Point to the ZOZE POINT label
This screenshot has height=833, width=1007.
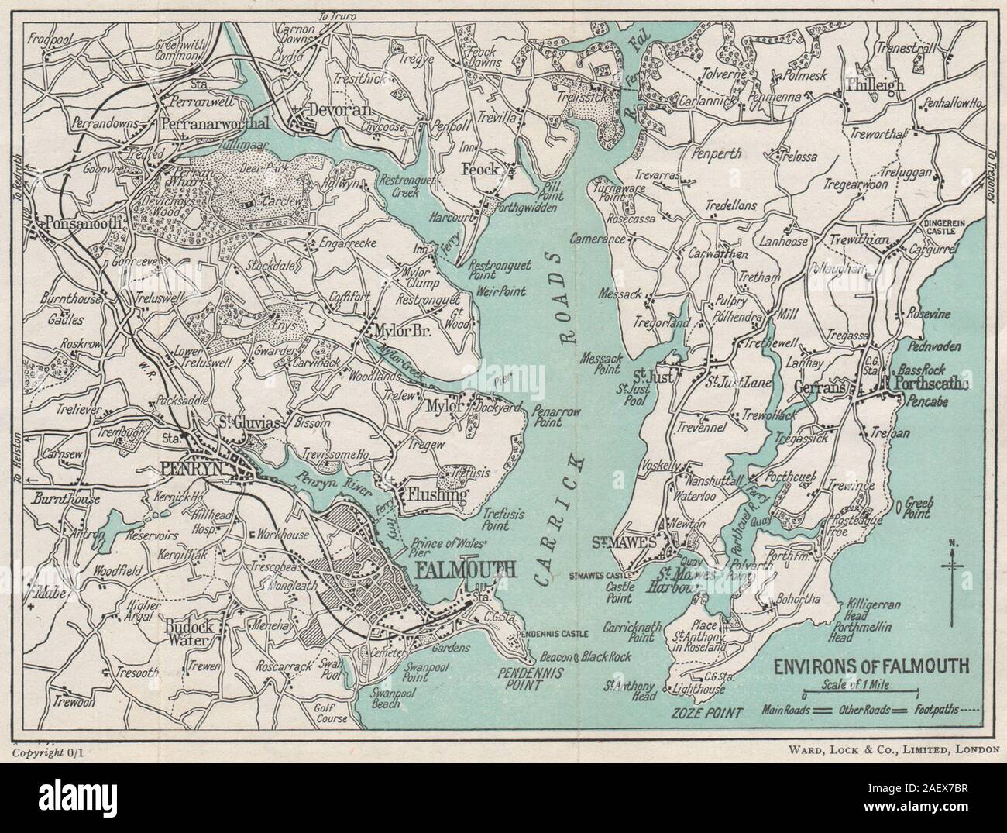point(710,711)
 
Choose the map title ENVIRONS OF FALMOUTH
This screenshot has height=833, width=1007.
point(864,665)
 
